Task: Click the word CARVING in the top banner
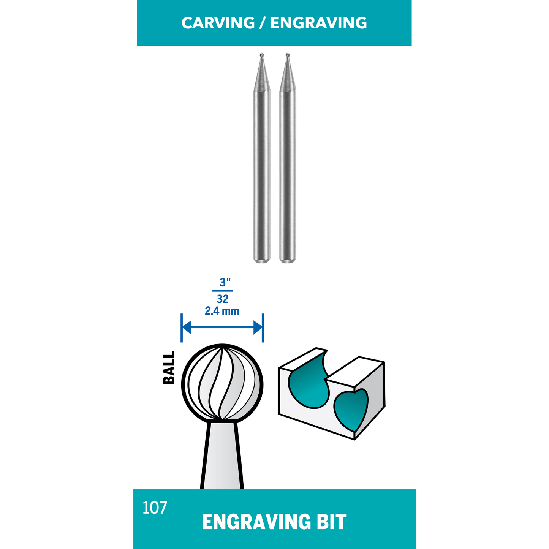point(218,23)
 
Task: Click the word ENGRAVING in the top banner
point(318,23)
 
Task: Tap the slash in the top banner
point(262,23)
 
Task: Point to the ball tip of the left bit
point(262,55)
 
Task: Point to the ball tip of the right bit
point(288,55)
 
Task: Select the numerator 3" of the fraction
point(225,283)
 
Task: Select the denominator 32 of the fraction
point(223,299)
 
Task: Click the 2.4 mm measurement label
point(222,311)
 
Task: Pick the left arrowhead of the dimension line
point(187,327)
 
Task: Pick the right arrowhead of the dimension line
point(258,327)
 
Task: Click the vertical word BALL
point(169,367)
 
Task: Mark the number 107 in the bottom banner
point(155,508)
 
